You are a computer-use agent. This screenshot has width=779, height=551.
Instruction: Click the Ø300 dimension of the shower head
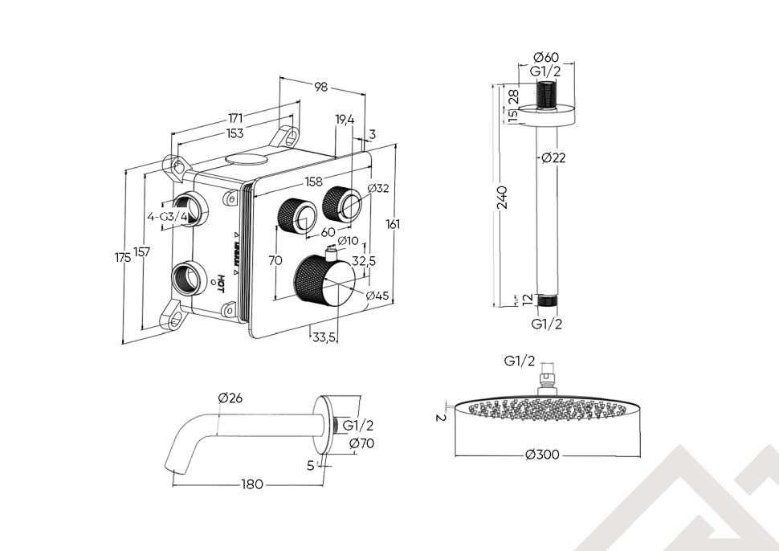(x=542, y=455)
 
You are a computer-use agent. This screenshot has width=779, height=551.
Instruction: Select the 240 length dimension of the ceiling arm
(x=502, y=197)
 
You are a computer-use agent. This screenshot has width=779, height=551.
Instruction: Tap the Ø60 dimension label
(x=546, y=57)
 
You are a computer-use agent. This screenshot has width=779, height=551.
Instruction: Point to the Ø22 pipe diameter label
(x=553, y=158)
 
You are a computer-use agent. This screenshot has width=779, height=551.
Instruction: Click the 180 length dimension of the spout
(x=253, y=485)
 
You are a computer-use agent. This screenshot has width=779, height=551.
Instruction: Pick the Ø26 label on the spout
(x=230, y=398)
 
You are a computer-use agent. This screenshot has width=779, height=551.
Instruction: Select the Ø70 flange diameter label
(x=361, y=443)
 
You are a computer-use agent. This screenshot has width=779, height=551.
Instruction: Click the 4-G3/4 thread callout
(x=167, y=216)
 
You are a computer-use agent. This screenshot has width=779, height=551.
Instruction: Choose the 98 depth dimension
(x=320, y=87)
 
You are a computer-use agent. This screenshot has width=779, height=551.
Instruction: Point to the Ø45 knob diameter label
(x=377, y=296)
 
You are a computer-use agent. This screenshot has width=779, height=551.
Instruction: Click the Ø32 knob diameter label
(x=377, y=189)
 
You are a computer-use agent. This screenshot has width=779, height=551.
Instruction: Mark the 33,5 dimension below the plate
(x=324, y=338)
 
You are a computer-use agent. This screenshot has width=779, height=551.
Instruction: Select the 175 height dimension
(x=122, y=258)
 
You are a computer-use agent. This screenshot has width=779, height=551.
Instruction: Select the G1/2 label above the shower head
(x=520, y=361)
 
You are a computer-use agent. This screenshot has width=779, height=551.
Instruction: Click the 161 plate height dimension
(x=393, y=225)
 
